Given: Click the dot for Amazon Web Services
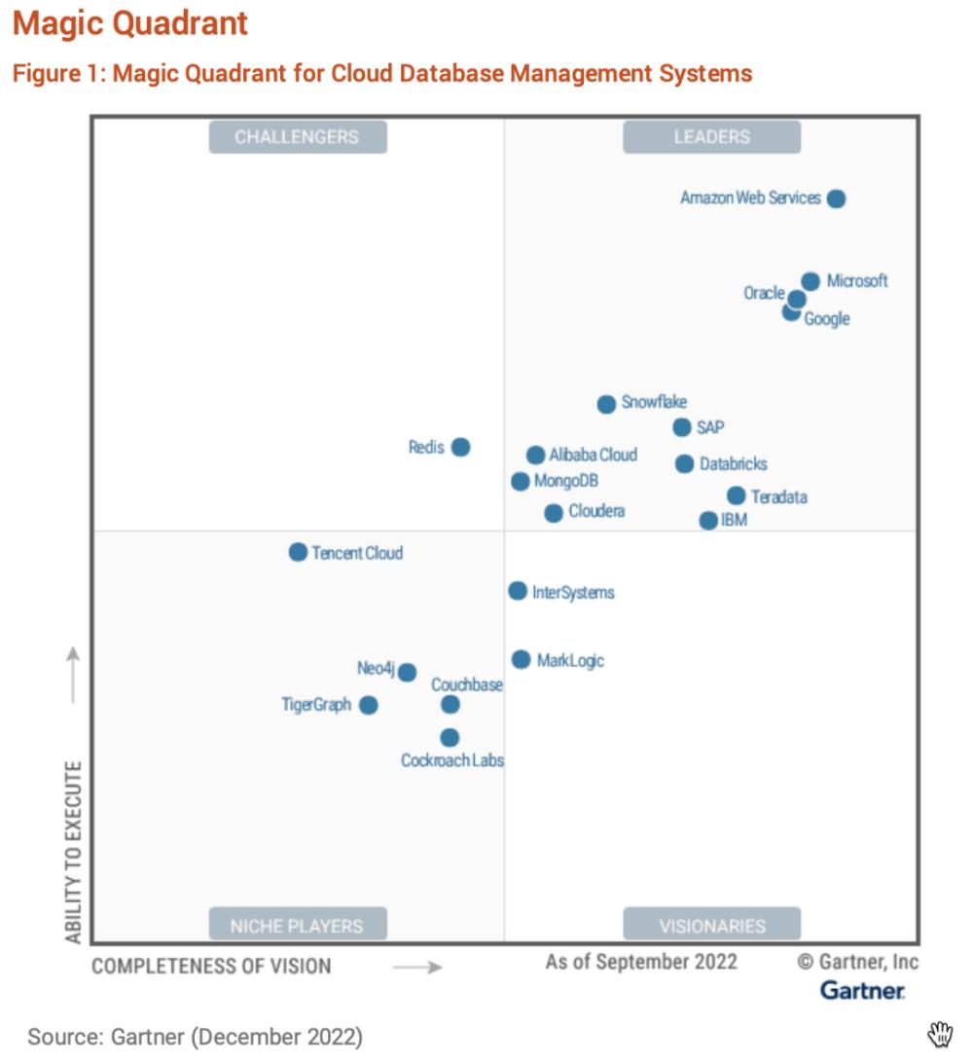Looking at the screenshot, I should point(836,199).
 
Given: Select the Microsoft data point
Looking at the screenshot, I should point(811,281).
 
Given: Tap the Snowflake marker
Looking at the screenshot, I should point(606,404).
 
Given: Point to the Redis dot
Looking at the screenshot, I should point(461,447).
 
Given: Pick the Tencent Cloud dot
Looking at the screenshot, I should point(298,552).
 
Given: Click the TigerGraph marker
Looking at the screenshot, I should point(368,705).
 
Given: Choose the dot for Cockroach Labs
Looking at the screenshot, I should point(450,738).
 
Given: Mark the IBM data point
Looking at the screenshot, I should point(708,521).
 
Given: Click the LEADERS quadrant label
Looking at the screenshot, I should point(711,137).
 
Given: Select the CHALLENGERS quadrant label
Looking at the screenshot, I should point(298,137).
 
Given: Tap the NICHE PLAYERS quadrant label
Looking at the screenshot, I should point(298,925).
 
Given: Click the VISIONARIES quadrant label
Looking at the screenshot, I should point(711,925).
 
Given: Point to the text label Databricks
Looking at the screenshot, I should point(734,464).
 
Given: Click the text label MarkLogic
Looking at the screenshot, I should point(570,661).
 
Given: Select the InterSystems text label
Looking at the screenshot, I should point(573,592).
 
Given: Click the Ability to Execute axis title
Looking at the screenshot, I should point(74,852).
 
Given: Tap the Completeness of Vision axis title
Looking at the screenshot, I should point(211,967).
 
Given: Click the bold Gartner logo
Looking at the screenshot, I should point(862,990).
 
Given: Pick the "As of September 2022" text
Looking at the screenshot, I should point(641,962).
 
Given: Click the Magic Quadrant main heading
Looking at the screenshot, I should point(130,23).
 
